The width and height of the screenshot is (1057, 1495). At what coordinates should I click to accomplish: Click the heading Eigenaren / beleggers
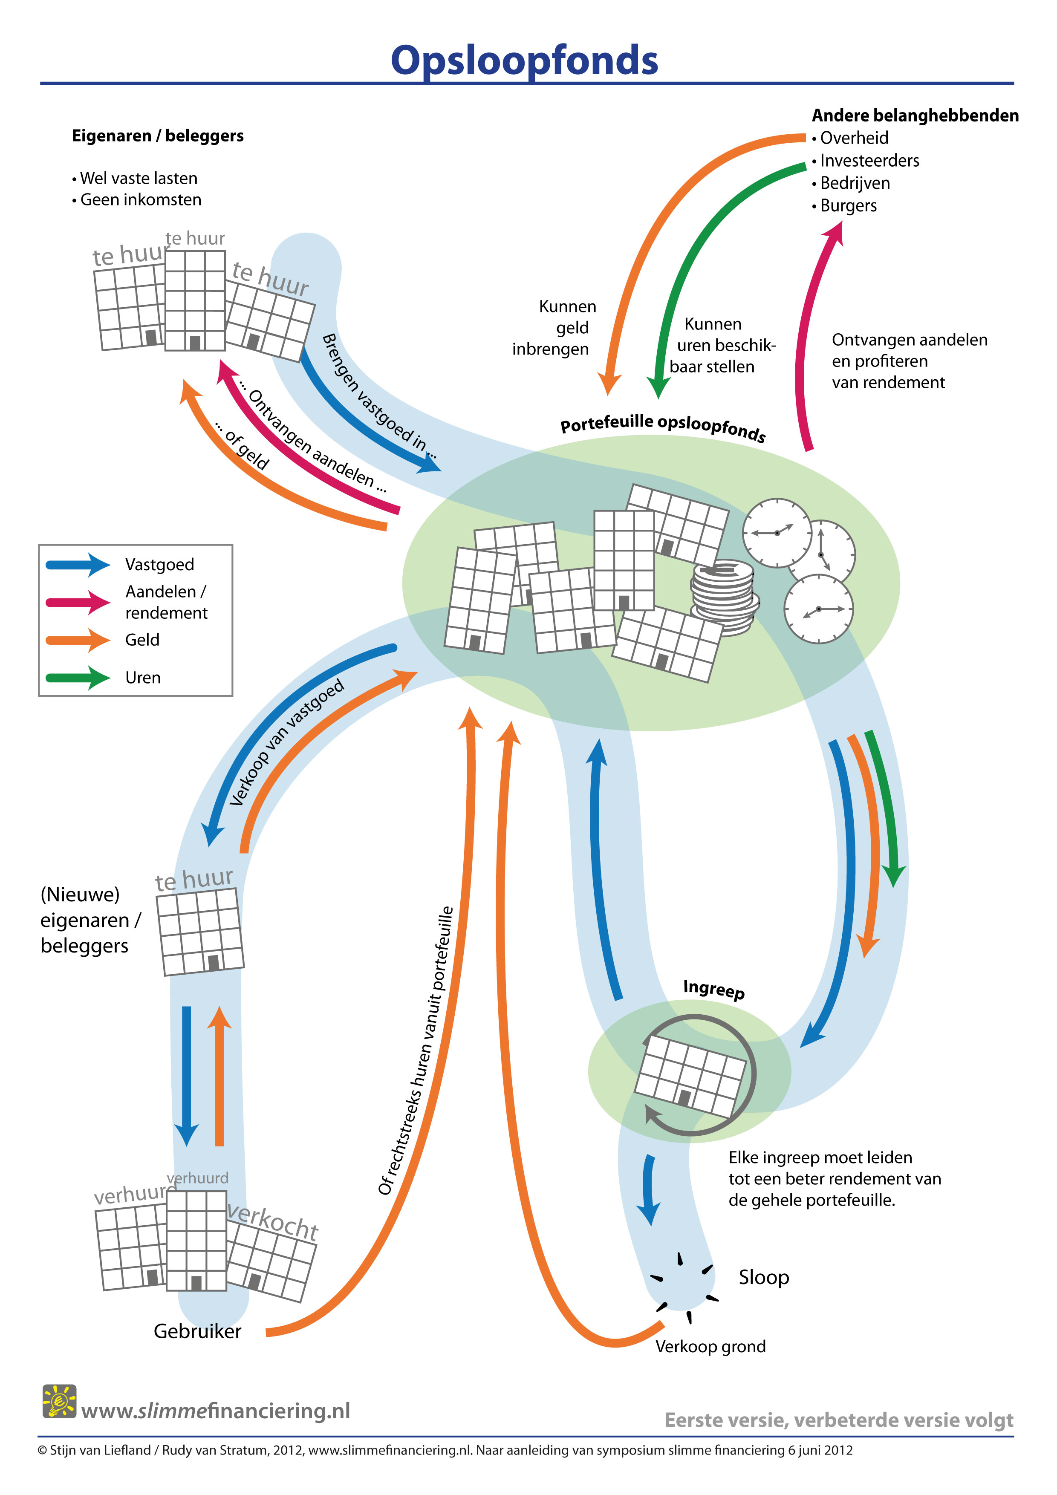coord(158,136)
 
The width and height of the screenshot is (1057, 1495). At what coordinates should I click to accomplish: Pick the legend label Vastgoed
coord(159,565)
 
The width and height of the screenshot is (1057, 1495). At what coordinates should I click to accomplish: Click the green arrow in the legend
coord(78,678)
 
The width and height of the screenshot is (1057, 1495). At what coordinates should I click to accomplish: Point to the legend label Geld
coord(142,640)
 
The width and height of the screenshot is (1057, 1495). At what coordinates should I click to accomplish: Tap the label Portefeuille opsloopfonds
coord(663,427)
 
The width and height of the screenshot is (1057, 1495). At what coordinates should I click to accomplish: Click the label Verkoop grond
coord(710,1346)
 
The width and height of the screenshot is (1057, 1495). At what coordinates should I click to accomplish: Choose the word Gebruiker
coord(197,1332)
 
